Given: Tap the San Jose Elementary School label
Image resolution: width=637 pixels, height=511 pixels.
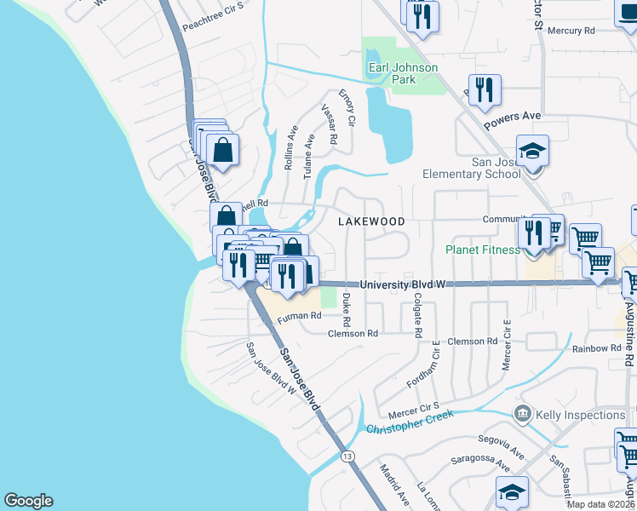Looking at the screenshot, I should pyautogui.click(x=472, y=169).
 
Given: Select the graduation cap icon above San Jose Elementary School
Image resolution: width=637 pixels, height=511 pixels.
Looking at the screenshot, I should pyautogui.click(x=532, y=152).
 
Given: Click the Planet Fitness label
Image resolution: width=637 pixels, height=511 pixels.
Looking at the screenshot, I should pyautogui.click(x=482, y=250).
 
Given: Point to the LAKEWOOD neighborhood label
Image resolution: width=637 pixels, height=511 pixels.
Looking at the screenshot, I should pyautogui.click(x=371, y=221).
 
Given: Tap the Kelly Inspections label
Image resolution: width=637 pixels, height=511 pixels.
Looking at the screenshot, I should pyautogui.click(x=581, y=415).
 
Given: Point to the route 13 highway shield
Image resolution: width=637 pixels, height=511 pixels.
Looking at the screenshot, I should pyautogui.click(x=347, y=456).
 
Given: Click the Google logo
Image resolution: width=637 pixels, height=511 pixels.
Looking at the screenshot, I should pyautogui.click(x=28, y=501).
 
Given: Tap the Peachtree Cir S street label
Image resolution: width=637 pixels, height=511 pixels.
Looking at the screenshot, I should pyautogui.click(x=213, y=26).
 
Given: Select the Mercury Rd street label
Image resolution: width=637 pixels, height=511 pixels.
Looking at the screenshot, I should pyautogui.click(x=570, y=31).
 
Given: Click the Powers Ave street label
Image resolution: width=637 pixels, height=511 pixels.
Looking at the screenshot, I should pyautogui.click(x=514, y=122).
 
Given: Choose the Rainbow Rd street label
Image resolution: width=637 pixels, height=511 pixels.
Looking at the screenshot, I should pyautogui.click(x=596, y=348).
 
